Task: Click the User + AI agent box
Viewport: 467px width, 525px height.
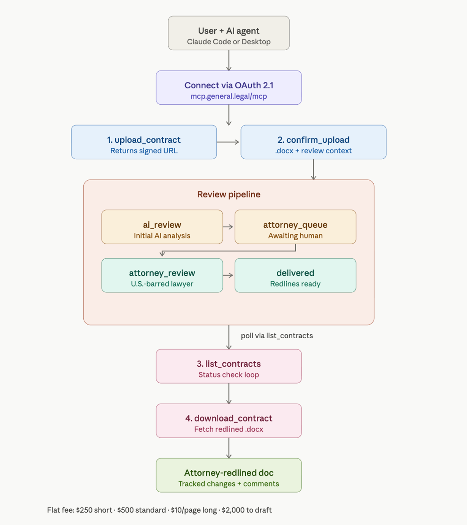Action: click(228, 33)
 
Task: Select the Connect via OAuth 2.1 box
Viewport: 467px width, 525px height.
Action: click(228, 88)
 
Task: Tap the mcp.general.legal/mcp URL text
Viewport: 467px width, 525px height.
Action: click(228, 97)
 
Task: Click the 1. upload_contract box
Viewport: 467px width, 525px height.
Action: click(144, 142)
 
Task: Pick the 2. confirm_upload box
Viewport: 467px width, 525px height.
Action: click(313, 142)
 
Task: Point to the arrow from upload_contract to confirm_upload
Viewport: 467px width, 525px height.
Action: click(228, 142)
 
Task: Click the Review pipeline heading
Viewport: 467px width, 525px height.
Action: click(228, 194)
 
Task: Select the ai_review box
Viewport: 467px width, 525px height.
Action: click(162, 227)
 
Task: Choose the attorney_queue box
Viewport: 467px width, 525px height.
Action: click(295, 227)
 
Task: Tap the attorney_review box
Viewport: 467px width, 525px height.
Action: click(162, 275)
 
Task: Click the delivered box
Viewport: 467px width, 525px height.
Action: click(295, 275)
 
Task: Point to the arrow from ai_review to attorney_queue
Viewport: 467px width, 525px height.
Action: click(228, 227)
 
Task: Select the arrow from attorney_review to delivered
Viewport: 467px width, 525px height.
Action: click(228, 275)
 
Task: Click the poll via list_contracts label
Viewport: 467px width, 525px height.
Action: click(277, 336)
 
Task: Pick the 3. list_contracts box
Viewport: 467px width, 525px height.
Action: click(228, 366)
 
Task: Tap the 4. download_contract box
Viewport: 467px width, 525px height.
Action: click(228, 421)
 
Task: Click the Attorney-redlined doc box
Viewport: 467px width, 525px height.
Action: click(228, 475)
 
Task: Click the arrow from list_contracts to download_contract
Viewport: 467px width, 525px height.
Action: click(228, 393)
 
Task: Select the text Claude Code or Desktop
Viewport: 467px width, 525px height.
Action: click(228, 42)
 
